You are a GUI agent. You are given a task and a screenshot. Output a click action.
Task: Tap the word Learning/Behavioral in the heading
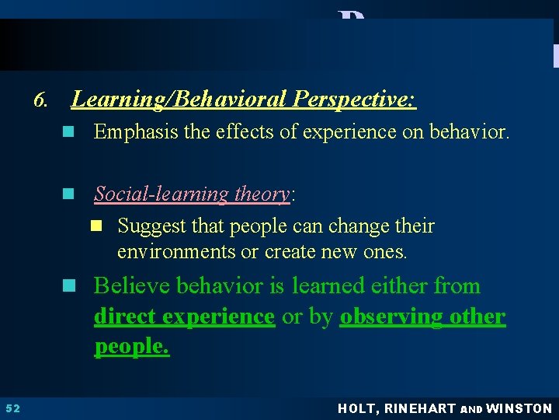(180, 100)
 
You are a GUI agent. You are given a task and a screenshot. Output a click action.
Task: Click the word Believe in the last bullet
(132, 286)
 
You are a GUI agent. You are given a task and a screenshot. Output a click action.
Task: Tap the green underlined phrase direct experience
(184, 317)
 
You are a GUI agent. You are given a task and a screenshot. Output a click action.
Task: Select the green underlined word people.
(131, 346)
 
